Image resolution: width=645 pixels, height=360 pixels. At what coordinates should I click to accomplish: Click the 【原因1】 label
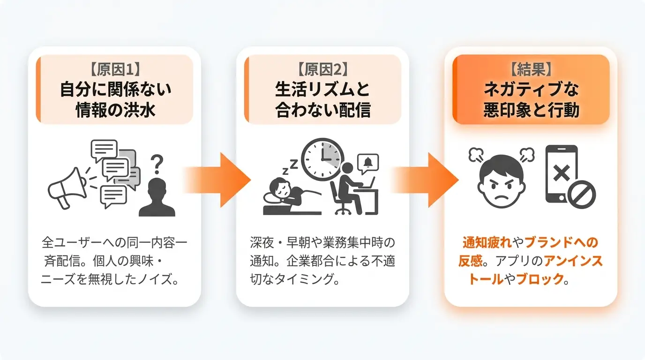[x=115, y=69]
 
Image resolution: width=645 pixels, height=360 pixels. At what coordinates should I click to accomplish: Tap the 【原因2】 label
[x=322, y=69]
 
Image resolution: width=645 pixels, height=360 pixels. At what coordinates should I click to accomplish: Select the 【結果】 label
[x=531, y=69]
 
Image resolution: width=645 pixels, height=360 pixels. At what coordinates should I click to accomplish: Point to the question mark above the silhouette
[x=157, y=164]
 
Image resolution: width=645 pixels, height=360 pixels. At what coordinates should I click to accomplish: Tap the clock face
[x=322, y=159]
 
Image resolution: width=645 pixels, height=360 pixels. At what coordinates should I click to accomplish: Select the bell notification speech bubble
[x=368, y=163]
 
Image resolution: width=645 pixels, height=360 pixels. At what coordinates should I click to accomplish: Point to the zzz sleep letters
[x=290, y=167]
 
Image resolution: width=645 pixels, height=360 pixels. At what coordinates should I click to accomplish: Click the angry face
[x=502, y=180]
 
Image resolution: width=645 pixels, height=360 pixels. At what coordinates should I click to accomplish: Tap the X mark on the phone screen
[x=561, y=173]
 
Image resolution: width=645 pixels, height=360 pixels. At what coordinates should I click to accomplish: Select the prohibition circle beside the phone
[x=582, y=195]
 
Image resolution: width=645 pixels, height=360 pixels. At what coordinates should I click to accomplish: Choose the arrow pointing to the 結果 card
[x=425, y=180]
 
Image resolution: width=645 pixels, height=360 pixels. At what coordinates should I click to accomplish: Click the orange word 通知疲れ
[x=487, y=243]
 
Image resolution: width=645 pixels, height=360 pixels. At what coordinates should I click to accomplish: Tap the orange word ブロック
[x=540, y=279]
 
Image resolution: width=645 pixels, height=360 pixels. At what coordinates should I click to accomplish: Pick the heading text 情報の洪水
[x=115, y=110]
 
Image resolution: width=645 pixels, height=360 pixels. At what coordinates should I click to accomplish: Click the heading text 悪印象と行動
[x=531, y=110]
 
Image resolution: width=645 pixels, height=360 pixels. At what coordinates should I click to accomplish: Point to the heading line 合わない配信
[x=323, y=110]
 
